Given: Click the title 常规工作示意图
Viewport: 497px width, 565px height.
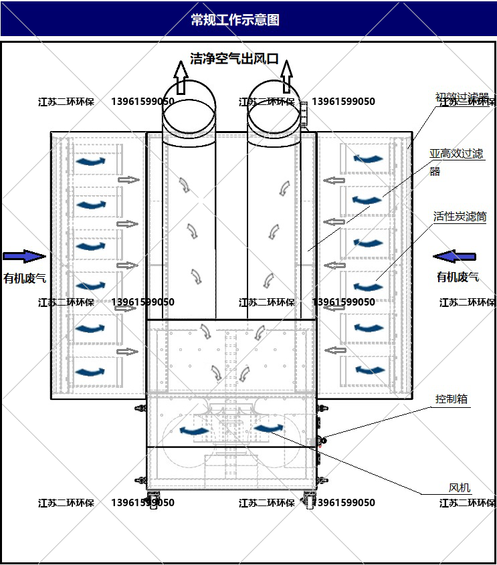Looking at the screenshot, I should tap(235, 19).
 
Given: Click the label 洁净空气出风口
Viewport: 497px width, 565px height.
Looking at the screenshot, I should tap(234, 59).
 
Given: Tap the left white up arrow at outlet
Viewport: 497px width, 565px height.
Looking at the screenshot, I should tap(181, 76).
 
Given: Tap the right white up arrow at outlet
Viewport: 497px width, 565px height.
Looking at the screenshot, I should tap(286, 76).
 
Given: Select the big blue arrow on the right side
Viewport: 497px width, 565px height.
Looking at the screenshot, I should tap(454, 256).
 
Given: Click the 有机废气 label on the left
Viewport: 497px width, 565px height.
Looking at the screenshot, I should tap(25, 277).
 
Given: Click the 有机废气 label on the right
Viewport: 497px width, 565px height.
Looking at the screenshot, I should tap(458, 277).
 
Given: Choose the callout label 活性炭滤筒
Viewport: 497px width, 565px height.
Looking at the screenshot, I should tap(460, 217).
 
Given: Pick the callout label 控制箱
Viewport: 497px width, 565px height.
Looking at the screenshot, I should tap(452, 400).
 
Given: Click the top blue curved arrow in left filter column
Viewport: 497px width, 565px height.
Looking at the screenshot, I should tap(90, 161).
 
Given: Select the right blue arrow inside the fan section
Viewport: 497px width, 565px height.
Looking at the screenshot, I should tap(268, 428).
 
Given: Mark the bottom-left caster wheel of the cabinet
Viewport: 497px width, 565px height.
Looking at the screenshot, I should tap(153, 501).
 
